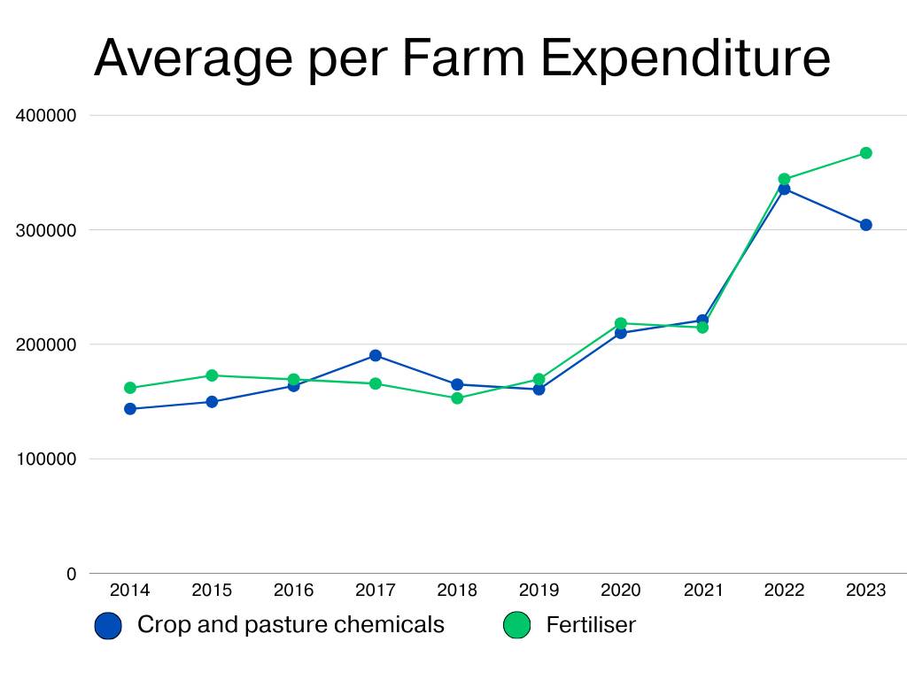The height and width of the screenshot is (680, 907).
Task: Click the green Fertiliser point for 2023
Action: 865,153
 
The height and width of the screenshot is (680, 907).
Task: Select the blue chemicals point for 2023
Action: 865,225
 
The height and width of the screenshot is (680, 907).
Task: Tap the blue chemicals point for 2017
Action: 376,356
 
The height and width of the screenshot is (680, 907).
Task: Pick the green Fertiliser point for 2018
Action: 457,398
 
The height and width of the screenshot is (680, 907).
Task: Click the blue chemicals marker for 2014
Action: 130,409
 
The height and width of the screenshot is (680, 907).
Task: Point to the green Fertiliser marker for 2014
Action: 130,388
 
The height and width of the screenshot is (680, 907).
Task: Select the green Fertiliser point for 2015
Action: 212,375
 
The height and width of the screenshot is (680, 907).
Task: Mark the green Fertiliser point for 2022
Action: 784,179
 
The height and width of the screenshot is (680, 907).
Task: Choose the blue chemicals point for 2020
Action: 620,333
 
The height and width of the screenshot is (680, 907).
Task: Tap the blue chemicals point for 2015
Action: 212,402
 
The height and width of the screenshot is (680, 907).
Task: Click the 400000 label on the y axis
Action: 47,116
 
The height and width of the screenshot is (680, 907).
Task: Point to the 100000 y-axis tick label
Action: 47,460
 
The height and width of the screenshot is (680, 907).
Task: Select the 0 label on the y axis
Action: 71,574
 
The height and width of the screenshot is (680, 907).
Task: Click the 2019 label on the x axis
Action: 539,591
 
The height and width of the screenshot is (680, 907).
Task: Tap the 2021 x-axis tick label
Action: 702,591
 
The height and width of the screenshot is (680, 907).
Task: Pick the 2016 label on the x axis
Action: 293,591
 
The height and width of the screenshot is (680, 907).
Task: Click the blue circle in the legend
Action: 108,626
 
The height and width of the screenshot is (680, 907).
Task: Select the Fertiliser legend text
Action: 591,625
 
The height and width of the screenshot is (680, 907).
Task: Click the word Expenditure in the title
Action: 685,58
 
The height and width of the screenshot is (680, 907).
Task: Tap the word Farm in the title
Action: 464,58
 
